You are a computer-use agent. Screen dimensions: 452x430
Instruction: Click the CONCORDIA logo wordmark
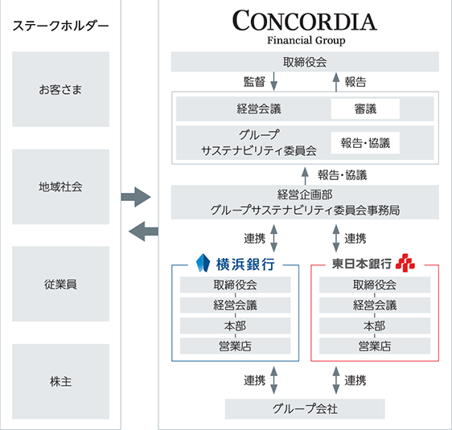[305, 20]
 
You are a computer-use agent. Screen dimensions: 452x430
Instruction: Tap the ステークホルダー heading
[60, 26]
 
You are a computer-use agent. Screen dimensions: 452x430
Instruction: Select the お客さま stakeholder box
[60, 89]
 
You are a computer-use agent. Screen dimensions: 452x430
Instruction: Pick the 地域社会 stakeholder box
[60, 186]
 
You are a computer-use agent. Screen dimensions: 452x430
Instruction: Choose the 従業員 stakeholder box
[60, 284]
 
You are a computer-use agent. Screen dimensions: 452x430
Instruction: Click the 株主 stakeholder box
[60, 381]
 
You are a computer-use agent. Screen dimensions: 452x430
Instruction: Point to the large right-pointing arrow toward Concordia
[136, 197]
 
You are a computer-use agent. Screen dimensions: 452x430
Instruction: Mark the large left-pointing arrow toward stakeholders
[143, 231]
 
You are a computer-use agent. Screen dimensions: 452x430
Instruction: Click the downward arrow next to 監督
[273, 81]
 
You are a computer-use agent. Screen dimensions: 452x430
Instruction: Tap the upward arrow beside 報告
[336, 82]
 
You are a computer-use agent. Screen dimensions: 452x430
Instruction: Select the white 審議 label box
[365, 109]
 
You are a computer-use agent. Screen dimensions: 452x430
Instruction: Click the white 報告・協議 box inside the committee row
[365, 143]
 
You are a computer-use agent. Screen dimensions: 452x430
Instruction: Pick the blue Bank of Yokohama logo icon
[203, 263]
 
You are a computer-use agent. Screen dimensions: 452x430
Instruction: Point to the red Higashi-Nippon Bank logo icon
[405, 263]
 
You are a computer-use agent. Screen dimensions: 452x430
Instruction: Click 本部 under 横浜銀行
[235, 326]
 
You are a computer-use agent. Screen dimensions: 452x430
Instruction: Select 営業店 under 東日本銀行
[375, 346]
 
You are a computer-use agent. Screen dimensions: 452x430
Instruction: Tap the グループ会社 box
[305, 408]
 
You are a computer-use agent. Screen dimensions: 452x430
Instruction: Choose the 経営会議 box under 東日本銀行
[375, 305]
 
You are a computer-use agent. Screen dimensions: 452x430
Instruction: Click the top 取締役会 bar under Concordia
[305, 62]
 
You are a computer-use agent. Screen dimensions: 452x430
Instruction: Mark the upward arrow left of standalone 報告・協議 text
[305, 176]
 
